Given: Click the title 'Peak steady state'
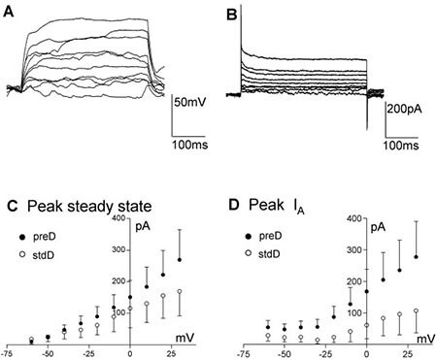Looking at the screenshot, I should point(83,206).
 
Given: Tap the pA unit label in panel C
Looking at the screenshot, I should point(143,230).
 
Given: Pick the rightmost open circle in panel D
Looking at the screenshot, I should point(417,311).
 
